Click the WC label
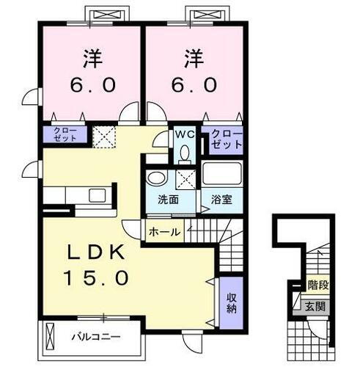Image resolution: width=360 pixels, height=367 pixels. (x=183, y=134)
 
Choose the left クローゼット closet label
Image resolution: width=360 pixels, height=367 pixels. (x=65, y=134)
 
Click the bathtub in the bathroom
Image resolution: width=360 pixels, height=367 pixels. (x=222, y=175)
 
